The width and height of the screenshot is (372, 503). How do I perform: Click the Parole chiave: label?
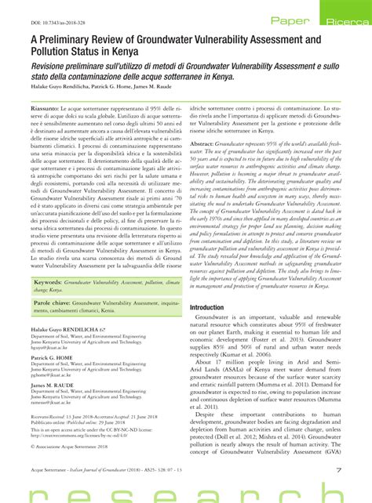[x=57, y=278]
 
